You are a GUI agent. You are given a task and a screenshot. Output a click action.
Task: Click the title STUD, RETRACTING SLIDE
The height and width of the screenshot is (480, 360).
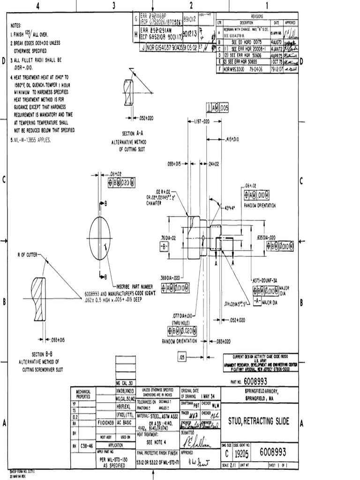[x=258, y=422]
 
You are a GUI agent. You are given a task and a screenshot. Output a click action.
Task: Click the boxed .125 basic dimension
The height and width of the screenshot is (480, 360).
[x=182, y=358]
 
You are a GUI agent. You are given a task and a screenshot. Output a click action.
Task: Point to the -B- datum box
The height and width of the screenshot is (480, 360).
[x=164, y=246]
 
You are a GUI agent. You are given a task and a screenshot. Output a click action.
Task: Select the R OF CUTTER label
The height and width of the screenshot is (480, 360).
[x=28, y=255]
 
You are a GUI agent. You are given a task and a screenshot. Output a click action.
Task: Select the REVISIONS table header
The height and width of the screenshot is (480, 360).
[x=257, y=15]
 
